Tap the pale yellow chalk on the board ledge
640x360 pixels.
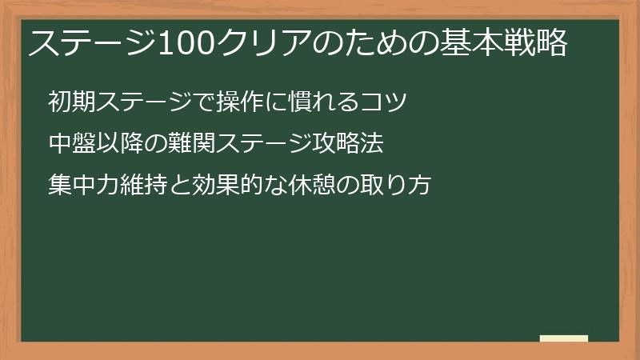pyautogui.click(x=563, y=338)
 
